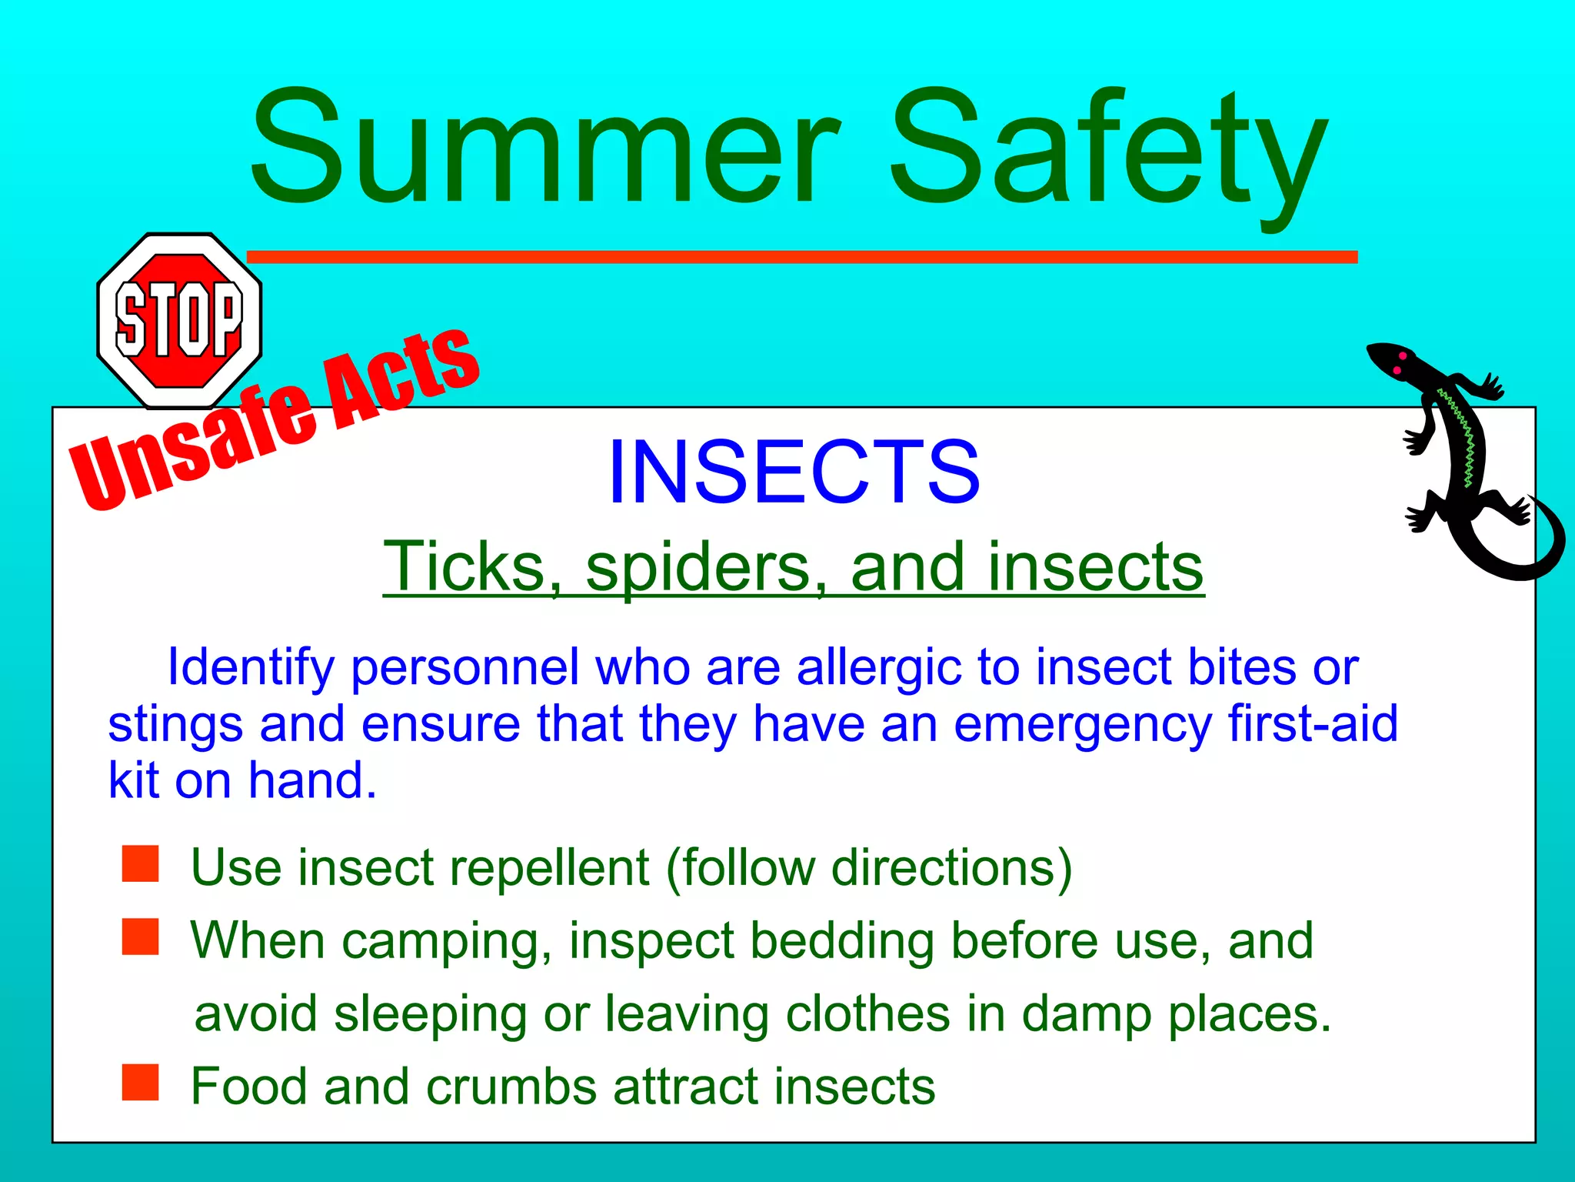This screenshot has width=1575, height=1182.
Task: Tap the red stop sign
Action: point(179,320)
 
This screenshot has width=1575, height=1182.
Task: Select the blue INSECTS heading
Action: point(794,471)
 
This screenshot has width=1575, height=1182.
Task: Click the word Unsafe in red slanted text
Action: point(192,442)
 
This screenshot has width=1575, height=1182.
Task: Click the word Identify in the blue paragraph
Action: point(251,666)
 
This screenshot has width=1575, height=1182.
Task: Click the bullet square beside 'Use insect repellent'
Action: point(140,863)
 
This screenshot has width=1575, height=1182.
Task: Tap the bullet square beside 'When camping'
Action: point(140,937)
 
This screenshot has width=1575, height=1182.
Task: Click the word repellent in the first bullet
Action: point(549,868)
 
